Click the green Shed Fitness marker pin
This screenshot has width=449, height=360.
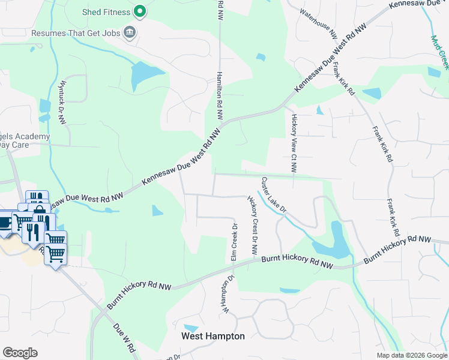coord(140,11)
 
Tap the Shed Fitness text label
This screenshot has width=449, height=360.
coord(107,12)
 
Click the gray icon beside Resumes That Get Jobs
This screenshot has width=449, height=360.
coord(128,32)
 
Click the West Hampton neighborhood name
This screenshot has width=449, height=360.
coord(213,336)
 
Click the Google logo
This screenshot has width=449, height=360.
coord(20,353)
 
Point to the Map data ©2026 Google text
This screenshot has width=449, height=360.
coord(412,355)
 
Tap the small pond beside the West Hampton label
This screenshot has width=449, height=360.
coord(190,328)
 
